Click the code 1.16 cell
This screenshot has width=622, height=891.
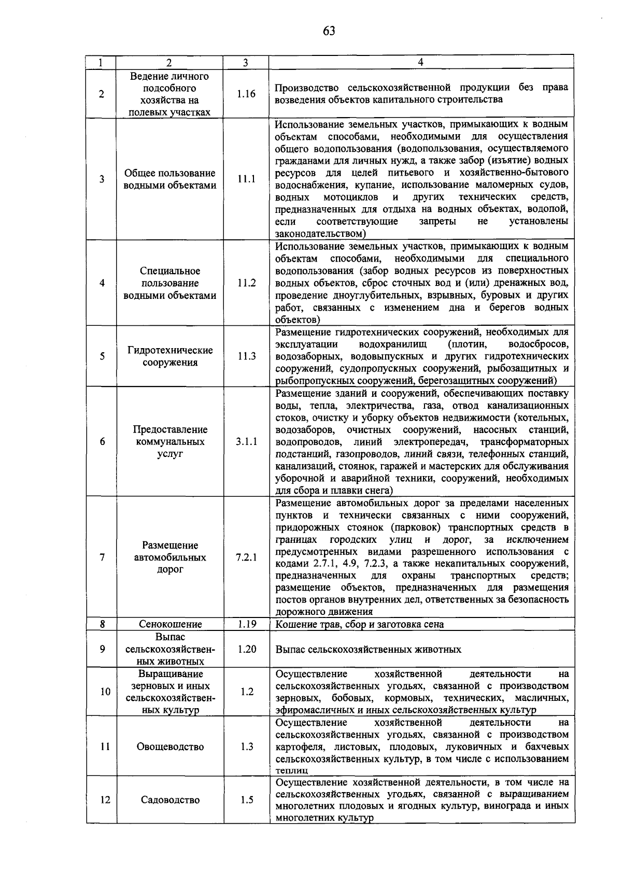pos(246,94)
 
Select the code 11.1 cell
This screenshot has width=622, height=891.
pos(246,179)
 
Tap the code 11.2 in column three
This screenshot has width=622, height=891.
pos(246,283)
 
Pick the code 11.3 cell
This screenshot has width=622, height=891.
pos(246,356)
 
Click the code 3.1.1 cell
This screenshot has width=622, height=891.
pos(246,441)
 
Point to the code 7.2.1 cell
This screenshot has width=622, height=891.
pos(246,557)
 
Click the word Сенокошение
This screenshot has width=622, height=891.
pos(170,624)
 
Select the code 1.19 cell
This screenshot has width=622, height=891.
pos(246,624)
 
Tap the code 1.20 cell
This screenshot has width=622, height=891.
pos(246,649)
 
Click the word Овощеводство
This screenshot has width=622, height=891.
pos(170,746)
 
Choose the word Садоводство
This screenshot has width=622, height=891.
pos(170,800)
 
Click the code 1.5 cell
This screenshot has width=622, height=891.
pos(246,800)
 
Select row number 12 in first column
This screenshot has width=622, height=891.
pos(105,800)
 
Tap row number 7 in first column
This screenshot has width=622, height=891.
pos(102,557)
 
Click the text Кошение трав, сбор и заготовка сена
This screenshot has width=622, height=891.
pos(360,624)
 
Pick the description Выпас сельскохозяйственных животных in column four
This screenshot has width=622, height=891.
pos(368,649)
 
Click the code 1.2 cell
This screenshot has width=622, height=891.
pos(246,692)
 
